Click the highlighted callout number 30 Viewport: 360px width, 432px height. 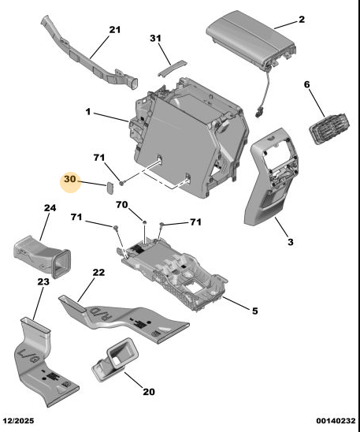click(69, 179)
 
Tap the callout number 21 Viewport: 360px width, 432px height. click(115, 29)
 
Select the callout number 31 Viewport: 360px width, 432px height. click(155, 38)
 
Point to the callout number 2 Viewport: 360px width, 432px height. click(302, 19)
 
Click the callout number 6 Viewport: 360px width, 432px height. click(307, 84)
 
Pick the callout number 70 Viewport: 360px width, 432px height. click(121, 205)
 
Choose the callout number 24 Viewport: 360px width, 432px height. click(50, 208)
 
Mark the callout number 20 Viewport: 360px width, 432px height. click(149, 392)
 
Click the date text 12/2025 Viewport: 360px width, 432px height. click(18, 421)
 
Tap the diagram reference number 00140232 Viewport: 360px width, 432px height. click(336, 421)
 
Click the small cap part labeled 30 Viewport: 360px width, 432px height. click(110, 188)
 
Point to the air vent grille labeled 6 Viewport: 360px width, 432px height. click(330, 128)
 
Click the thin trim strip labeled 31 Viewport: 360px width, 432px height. click(173, 68)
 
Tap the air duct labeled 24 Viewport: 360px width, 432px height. click(42, 257)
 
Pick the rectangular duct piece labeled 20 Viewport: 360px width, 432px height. click(115, 359)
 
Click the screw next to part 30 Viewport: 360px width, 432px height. click(122, 182)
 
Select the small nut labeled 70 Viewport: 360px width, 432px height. click(144, 222)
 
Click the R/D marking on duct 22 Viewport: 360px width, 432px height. click(101, 314)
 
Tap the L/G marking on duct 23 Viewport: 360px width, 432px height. click(28, 356)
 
